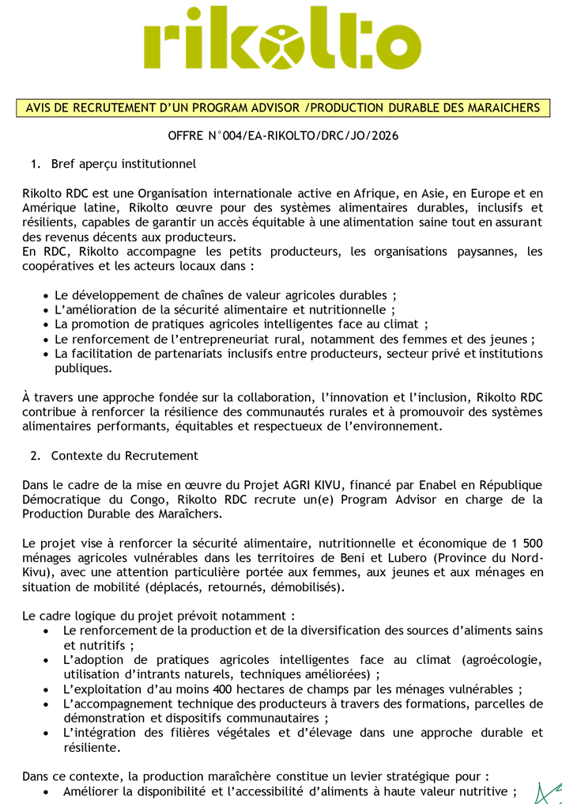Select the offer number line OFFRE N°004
pos(283,136)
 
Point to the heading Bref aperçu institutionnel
pos(123,165)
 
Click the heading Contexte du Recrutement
pos(125,456)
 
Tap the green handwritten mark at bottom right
pos(548,791)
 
